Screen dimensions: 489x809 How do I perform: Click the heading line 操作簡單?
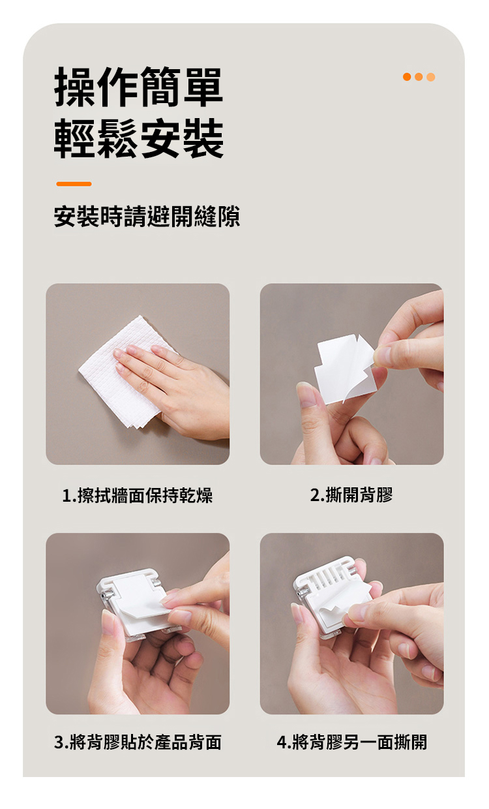click(x=139, y=87)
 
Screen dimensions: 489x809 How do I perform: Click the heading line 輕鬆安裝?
click(x=139, y=139)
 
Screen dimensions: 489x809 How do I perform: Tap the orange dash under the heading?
click(x=74, y=184)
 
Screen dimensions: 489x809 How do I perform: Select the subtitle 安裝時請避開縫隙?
click(x=147, y=217)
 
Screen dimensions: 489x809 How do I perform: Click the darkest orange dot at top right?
click(x=407, y=77)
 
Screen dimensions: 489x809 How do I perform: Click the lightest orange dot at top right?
click(x=431, y=77)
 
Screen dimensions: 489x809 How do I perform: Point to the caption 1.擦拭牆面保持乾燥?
click(x=137, y=495)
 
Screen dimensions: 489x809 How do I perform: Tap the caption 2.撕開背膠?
click(x=351, y=495)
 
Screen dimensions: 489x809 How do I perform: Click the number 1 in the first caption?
click(x=66, y=496)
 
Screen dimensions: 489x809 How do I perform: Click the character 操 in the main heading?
click(x=75, y=87)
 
